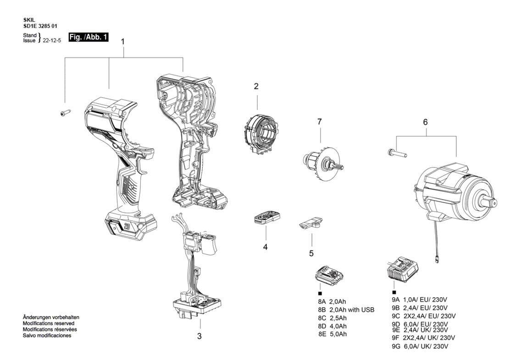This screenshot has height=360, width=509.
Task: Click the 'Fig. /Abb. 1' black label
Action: click(89, 37)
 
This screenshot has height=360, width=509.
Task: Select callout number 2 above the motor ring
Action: click(256, 86)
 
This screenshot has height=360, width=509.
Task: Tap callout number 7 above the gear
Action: click(320, 122)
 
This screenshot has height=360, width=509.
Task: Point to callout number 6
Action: click(425, 122)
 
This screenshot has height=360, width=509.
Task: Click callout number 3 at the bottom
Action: click(199, 336)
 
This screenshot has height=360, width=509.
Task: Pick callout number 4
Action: click(265, 247)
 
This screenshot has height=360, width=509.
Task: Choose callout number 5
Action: click(311, 253)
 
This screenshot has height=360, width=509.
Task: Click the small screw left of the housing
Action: click(66, 113)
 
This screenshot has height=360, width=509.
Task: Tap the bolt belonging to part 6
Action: click(397, 153)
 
